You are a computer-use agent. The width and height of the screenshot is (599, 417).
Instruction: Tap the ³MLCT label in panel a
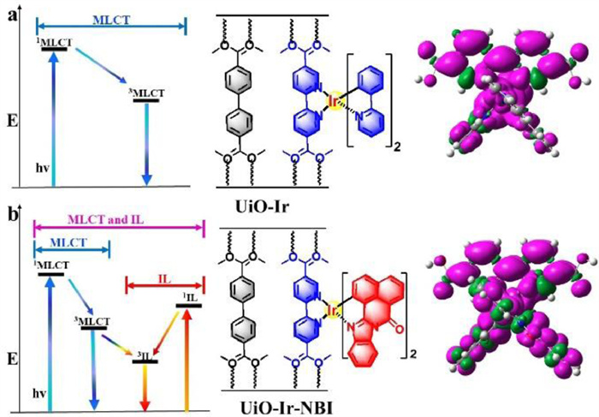tap(150, 92)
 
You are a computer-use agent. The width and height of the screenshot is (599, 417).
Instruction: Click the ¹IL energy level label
tap(189, 298)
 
